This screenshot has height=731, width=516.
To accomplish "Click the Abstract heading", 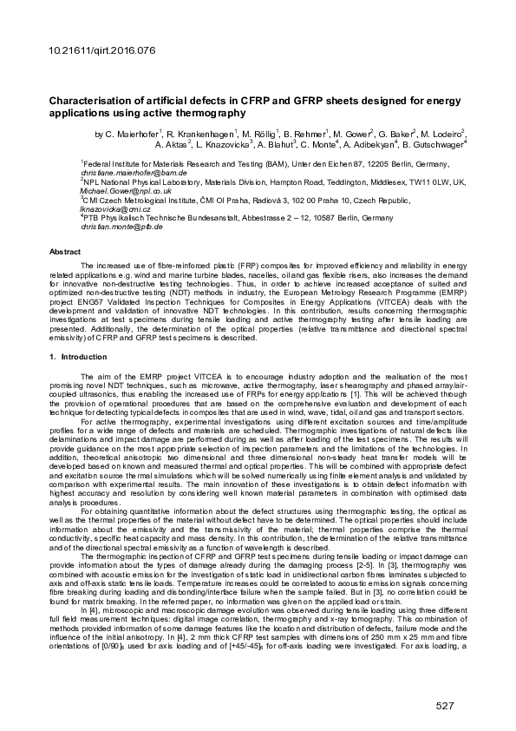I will click(x=65, y=251).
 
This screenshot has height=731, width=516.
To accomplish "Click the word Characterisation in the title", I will click(x=95, y=101).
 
